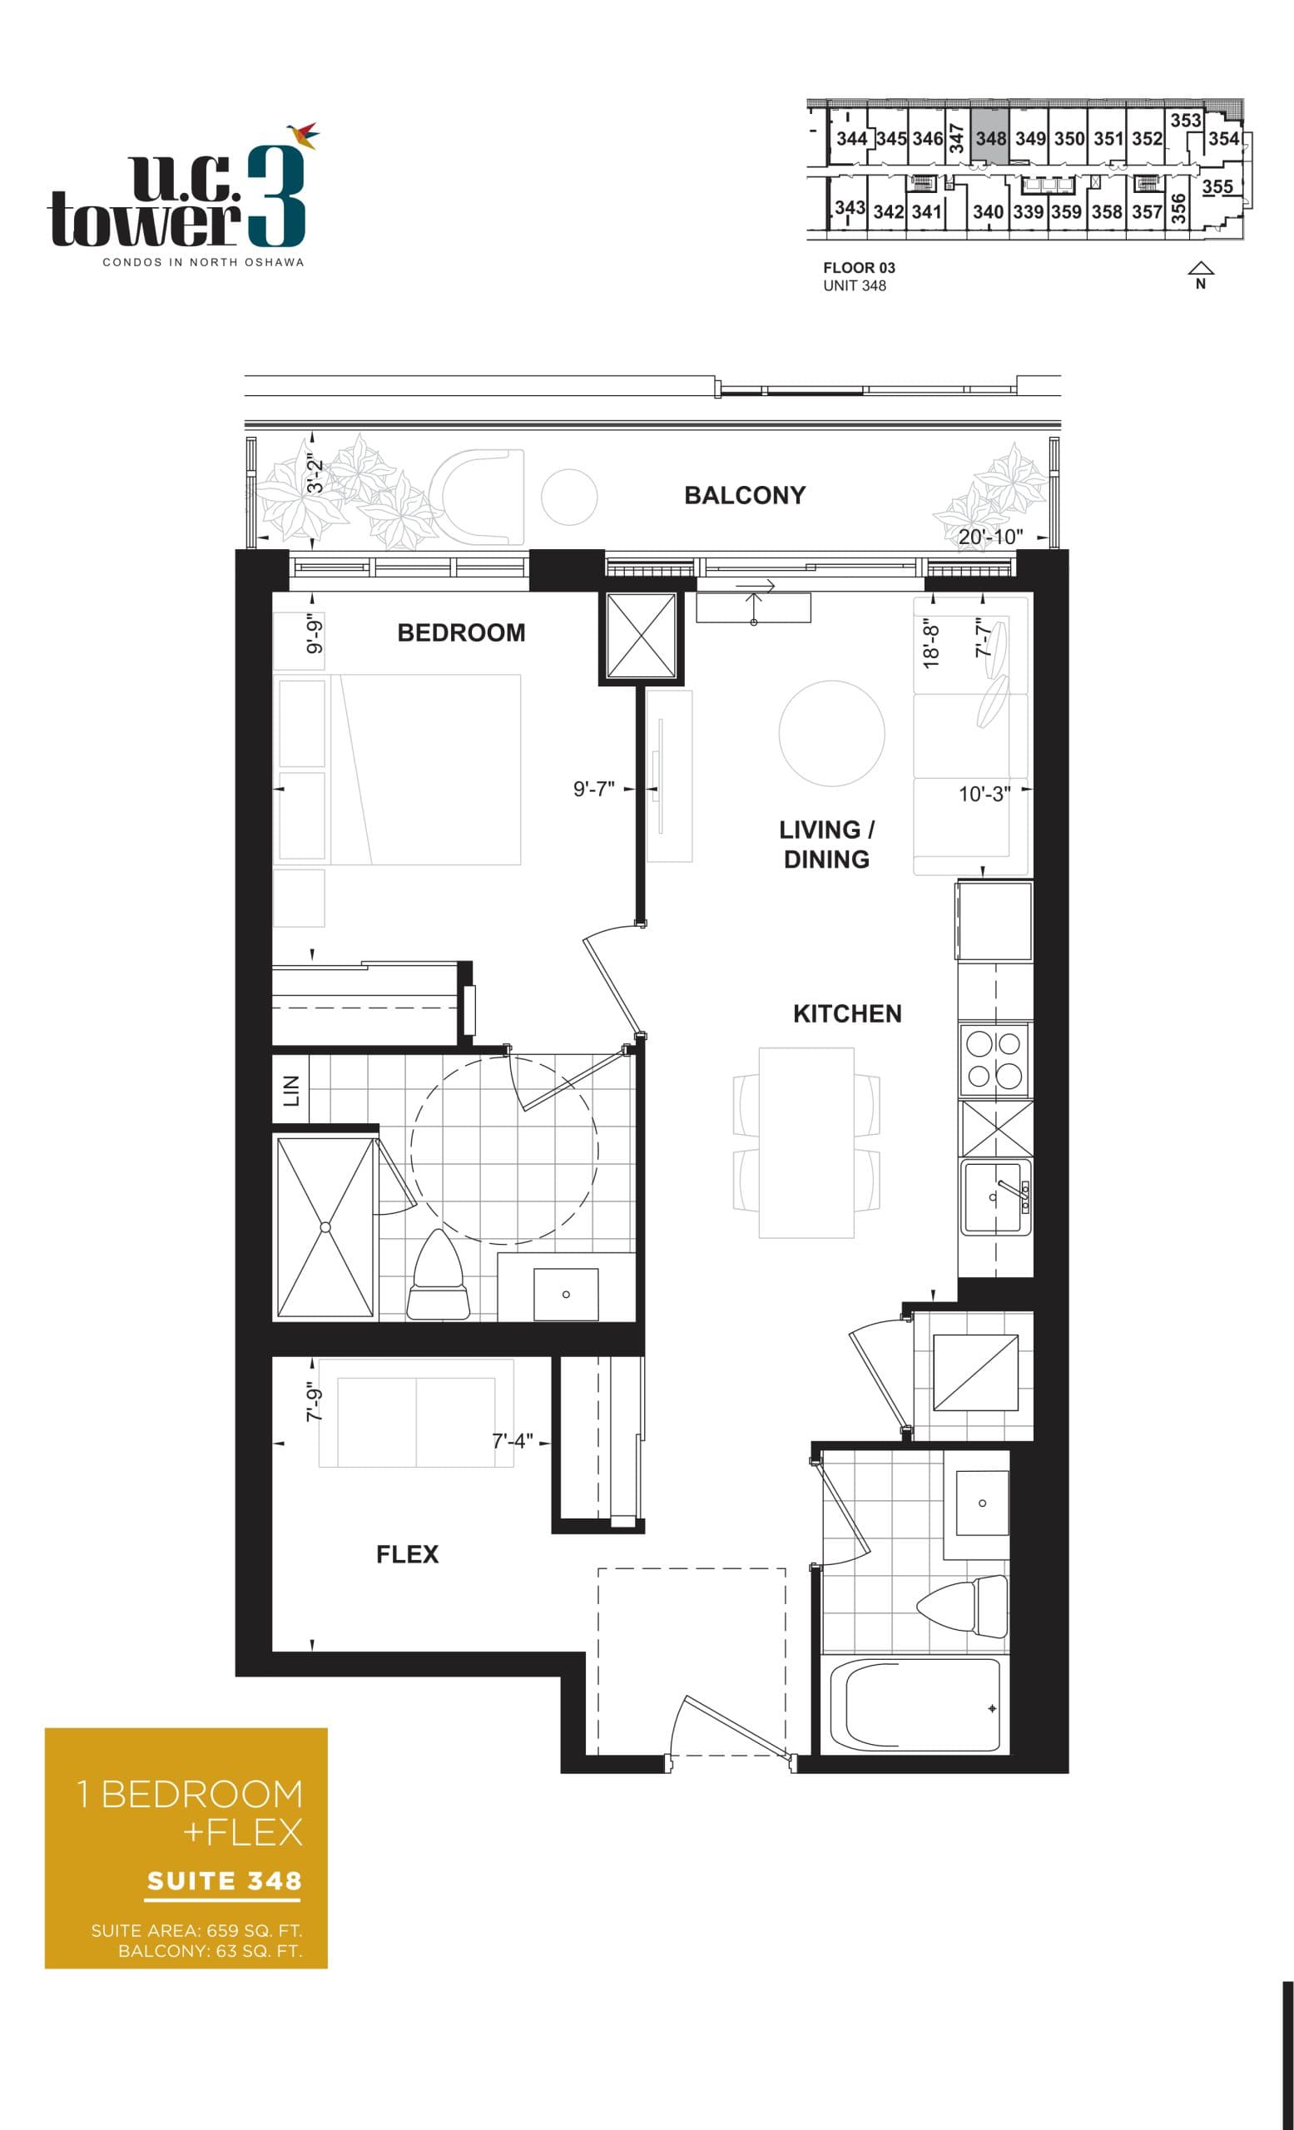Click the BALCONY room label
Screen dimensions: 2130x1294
click(744, 495)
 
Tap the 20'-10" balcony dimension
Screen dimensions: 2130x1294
click(989, 537)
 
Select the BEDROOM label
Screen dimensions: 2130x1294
click(461, 633)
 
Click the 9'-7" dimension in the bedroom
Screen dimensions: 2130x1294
click(594, 790)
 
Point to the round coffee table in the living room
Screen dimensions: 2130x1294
click(830, 733)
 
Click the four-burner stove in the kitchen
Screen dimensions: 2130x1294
click(994, 1060)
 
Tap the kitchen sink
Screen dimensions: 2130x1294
click(994, 1196)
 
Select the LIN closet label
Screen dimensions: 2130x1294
click(291, 1091)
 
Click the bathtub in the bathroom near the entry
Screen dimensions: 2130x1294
click(914, 1706)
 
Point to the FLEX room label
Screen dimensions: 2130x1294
click(407, 1554)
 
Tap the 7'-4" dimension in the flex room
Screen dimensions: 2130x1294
click(513, 1441)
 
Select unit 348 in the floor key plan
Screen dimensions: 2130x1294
click(989, 138)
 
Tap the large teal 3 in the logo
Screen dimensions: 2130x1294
click(276, 197)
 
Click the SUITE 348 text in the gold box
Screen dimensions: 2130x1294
click(224, 1881)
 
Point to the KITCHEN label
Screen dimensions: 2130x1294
click(846, 1013)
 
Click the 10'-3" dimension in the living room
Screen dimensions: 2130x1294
click(984, 794)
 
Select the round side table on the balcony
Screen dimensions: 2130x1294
click(568, 496)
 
